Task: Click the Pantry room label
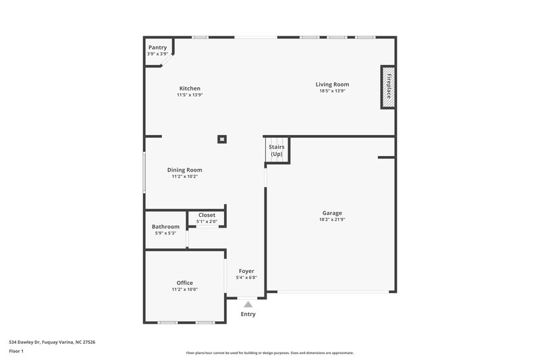[x=157, y=47]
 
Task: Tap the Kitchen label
[x=190, y=88]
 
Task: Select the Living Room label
[x=332, y=84]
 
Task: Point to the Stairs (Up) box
[x=276, y=151]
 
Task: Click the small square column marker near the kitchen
[x=221, y=139]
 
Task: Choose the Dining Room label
[x=185, y=170]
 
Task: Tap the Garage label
[x=331, y=213]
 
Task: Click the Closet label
[x=207, y=215]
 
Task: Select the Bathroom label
[x=165, y=227]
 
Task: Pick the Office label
[x=185, y=283]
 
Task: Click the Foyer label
[x=246, y=271]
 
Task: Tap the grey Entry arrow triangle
[x=248, y=305]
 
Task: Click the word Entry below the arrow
[x=248, y=314]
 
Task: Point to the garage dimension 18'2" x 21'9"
[x=332, y=220]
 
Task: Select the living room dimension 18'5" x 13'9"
[x=332, y=91]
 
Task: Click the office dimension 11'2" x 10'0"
[x=185, y=289]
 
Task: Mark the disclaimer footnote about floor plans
[x=269, y=353]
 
